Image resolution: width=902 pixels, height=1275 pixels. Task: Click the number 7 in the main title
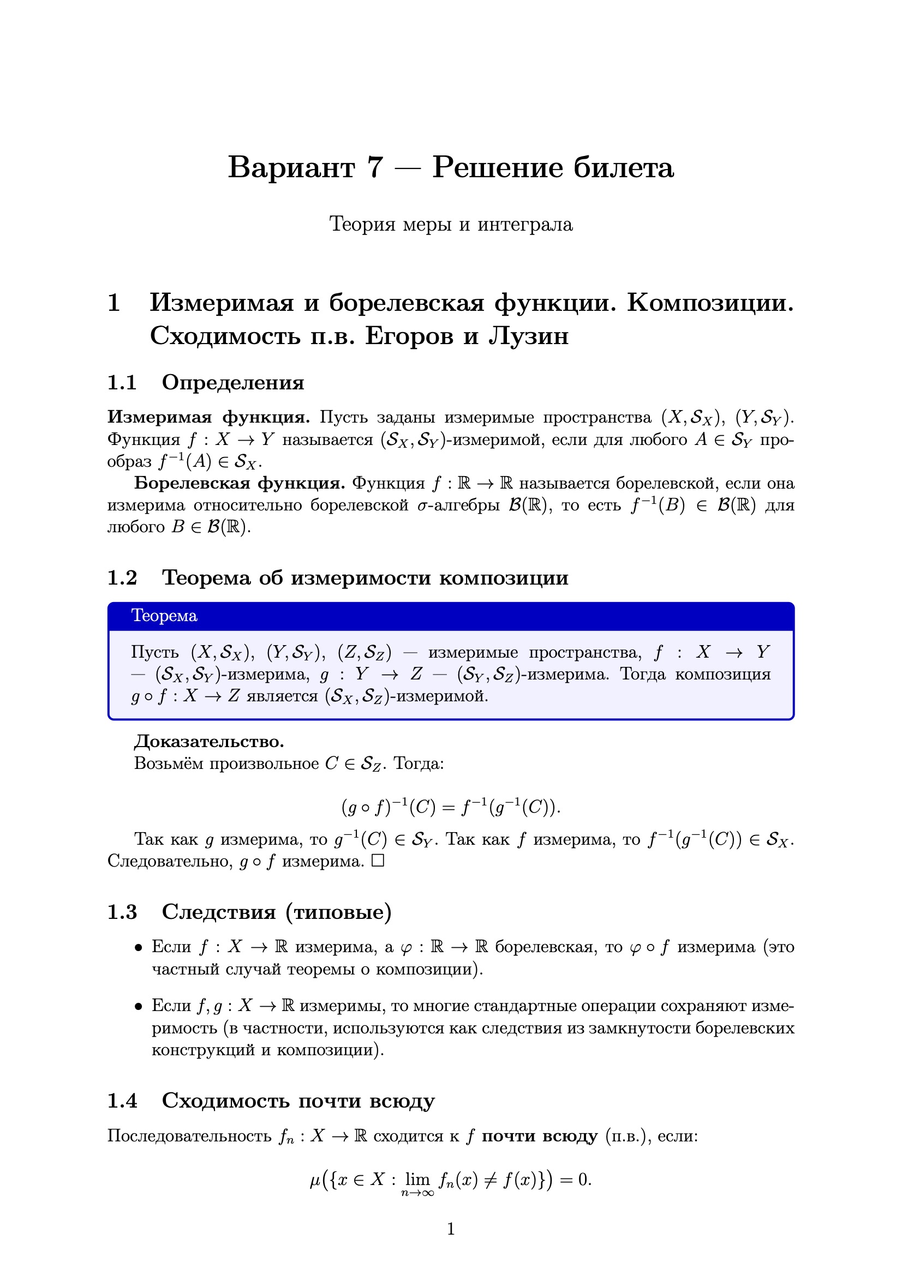(374, 167)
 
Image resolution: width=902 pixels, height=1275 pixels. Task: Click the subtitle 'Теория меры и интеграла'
(451, 224)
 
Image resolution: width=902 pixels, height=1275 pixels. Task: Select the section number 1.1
(122, 383)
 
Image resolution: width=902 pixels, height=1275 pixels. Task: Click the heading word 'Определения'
(233, 383)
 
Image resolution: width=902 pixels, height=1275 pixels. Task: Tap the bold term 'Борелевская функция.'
(239, 484)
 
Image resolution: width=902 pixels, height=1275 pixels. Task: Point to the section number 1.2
(122, 578)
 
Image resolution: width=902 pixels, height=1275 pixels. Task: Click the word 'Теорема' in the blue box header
(164, 616)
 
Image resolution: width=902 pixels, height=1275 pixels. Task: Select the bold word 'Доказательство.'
(209, 741)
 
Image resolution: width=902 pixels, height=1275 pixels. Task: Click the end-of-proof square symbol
(378, 861)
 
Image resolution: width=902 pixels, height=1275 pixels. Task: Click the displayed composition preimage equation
(451, 807)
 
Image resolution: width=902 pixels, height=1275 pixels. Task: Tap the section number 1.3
(122, 912)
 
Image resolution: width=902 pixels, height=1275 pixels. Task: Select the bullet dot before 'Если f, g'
(139, 1007)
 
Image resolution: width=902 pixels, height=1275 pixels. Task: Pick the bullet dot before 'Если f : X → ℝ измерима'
(139, 947)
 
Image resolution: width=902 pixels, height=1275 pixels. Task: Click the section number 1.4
(122, 1100)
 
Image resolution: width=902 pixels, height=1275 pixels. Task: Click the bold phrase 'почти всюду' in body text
(539, 1136)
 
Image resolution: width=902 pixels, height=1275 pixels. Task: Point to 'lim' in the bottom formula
(417, 1179)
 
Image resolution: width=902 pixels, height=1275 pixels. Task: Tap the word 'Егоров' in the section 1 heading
(409, 336)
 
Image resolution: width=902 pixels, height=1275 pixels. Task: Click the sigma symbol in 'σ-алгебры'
(422, 507)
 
